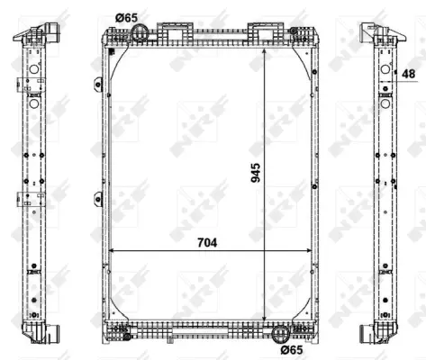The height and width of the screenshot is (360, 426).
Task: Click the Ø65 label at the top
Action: pos(127,17)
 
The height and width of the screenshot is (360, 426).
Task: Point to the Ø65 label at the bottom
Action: pos(290,349)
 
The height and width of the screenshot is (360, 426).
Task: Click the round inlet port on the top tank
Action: pos(141,33)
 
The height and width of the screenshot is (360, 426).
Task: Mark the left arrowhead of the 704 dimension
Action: pos(112,250)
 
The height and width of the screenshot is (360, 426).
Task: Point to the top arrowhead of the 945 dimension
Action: pos(263,53)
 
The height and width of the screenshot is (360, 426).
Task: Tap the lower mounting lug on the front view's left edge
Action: pos(96,199)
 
